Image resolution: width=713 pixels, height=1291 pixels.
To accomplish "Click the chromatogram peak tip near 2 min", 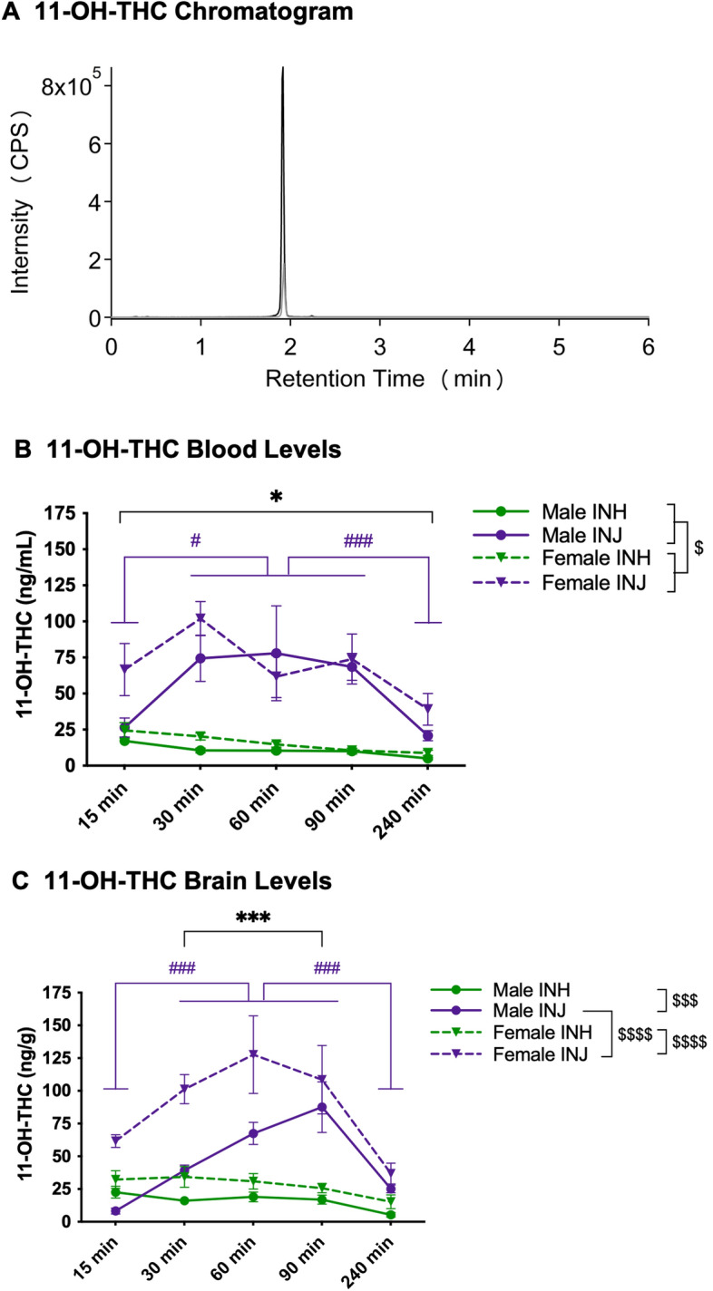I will (x=283, y=68).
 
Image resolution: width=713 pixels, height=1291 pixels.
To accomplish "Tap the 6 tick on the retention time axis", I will (x=648, y=347).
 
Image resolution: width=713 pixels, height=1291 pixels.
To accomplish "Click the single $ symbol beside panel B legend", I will (x=698, y=549).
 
